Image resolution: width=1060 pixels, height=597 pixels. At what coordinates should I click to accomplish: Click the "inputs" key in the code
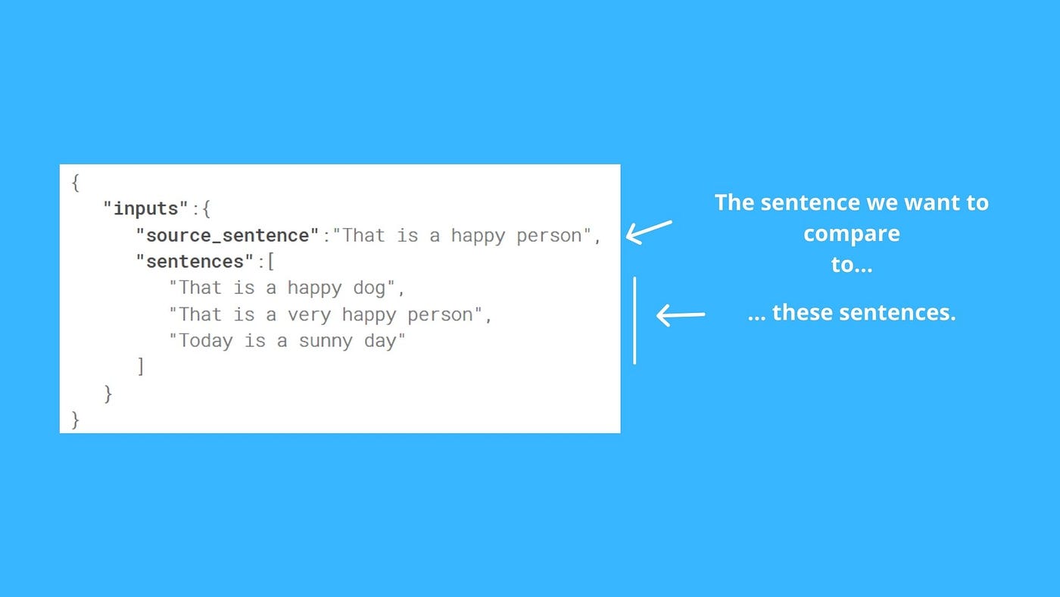click(145, 209)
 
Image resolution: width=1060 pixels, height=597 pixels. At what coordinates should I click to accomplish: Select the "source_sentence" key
click(227, 236)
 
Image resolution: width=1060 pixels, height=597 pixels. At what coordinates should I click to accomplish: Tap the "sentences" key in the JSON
click(195, 261)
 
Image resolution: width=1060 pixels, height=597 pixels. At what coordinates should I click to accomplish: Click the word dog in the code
click(369, 289)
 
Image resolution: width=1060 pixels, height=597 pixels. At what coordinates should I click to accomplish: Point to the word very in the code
click(309, 315)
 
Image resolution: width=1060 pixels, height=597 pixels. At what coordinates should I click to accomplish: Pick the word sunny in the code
click(326, 342)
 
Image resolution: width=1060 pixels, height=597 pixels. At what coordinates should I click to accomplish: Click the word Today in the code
click(205, 341)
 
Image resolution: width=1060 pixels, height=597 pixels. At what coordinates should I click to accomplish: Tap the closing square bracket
click(141, 367)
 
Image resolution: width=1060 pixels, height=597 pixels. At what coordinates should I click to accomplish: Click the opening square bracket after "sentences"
click(271, 261)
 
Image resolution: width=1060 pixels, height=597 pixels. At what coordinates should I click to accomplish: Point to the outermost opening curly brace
click(75, 183)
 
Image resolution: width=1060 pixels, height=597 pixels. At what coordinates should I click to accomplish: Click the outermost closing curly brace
click(75, 420)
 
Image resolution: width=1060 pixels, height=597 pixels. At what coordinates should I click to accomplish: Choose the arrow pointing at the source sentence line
click(649, 232)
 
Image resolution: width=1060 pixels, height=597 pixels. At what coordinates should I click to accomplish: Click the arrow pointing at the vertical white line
click(681, 315)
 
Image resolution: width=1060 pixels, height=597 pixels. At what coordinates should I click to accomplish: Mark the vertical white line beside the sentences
click(634, 320)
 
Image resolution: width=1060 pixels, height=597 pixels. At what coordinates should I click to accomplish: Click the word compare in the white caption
click(852, 234)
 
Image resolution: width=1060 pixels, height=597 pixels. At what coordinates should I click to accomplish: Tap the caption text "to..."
click(852, 264)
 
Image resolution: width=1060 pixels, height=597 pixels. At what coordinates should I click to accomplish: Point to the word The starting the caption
click(734, 202)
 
